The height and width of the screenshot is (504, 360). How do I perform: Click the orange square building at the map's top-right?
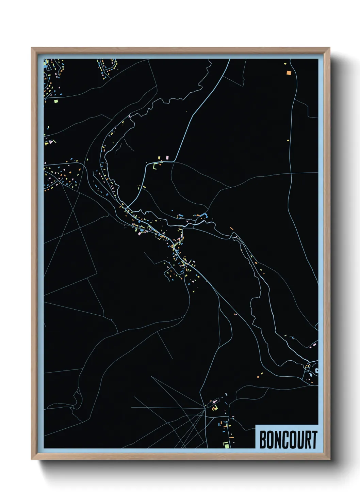289,73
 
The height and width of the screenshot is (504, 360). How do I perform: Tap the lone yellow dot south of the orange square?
288,140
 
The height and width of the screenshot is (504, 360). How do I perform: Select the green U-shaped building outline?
155,167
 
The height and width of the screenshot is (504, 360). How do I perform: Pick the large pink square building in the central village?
140,234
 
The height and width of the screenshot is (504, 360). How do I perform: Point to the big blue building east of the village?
204,215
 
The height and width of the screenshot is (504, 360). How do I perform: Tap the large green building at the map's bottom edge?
226,444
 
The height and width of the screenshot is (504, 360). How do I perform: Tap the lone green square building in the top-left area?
56,101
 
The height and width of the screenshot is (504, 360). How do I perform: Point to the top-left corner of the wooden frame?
32,48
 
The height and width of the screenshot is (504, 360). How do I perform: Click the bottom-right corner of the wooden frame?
330,459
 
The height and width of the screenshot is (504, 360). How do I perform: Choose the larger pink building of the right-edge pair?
313,345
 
